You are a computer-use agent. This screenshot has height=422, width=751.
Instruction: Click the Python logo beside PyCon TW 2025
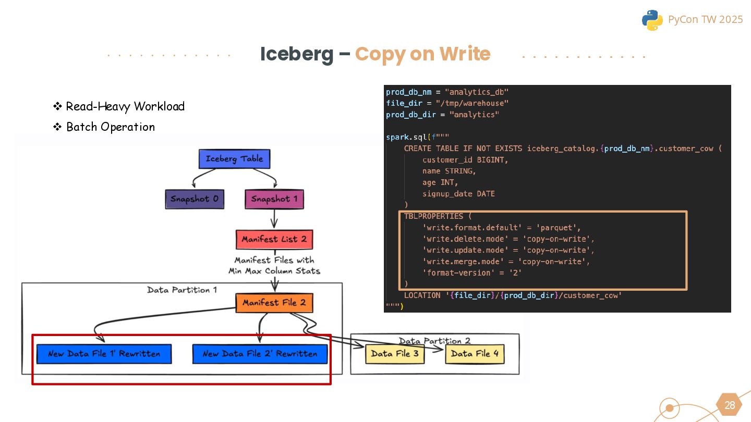tap(652, 20)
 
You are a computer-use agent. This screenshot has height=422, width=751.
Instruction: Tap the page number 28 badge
tap(730, 405)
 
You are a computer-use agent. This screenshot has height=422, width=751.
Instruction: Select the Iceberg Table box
tap(234, 159)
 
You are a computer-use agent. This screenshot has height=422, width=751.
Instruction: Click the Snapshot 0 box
tap(194, 199)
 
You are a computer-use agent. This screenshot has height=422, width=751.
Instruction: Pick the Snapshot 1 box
tap(274, 199)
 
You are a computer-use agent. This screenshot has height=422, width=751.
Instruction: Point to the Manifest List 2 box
tap(274, 239)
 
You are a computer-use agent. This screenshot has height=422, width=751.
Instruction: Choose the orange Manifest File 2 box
tap(274, 303)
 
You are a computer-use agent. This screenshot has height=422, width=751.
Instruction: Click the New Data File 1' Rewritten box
tap(104, 354)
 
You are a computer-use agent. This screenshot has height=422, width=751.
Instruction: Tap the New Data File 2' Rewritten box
tap(260, 354)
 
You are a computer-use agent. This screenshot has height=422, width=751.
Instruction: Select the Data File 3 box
tap(395, 354)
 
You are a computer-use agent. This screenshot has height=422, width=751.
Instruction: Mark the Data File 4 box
tap(475, 354)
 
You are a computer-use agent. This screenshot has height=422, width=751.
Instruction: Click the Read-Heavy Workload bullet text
tap(125, 106)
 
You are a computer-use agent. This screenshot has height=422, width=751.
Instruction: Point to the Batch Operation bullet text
tap(111, 127)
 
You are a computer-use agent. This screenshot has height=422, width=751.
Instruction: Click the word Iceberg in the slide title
tap(296, 54)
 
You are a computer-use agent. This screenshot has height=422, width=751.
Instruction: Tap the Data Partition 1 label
tap(182, 290)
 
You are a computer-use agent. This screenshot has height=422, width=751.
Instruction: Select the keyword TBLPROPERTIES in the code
tap(433, 216)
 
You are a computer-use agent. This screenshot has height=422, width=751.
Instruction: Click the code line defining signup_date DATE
tap(458, 194)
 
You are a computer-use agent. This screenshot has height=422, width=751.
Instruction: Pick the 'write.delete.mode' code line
tap(508, 239)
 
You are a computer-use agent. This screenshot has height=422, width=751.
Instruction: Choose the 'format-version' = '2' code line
tap(472, 273)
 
